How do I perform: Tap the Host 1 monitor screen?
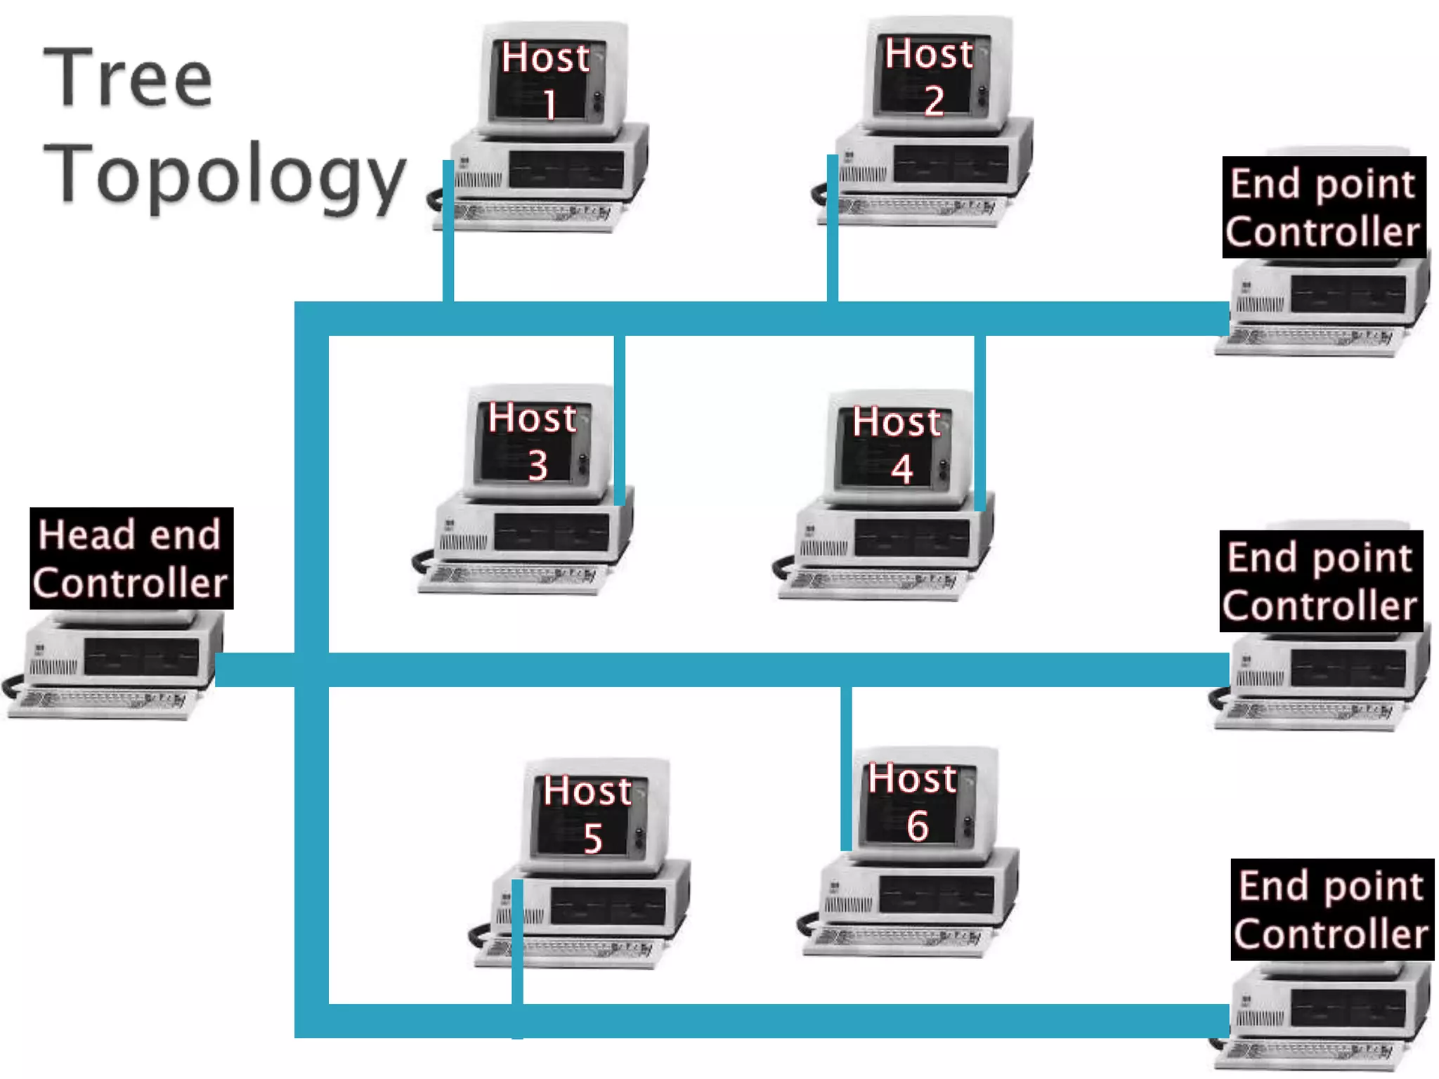click(544, 81)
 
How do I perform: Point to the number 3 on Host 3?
click(538, 465)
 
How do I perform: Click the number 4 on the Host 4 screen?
click(902, 469)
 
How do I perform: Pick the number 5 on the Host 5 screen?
click(593, 838)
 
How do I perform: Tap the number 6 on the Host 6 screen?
click(918, 825)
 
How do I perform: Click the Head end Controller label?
click(131, 558)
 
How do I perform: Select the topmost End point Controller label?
click(1324, 207)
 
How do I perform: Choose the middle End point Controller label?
click(1321, 581)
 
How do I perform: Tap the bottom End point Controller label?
click(1332, 909)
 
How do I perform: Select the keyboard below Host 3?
click(513, 578)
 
